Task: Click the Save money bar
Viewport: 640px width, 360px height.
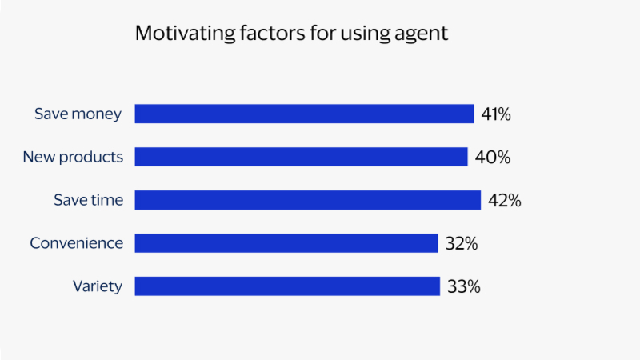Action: (304, 114)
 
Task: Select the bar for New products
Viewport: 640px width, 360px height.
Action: (301, 157)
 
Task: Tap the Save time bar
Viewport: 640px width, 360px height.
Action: (307, 200)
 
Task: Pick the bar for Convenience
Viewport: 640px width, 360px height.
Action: (286, 243)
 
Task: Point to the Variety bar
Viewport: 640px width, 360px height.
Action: (287, 286)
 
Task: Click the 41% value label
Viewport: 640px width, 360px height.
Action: (496, 114)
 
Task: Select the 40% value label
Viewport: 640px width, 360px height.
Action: (492, 158)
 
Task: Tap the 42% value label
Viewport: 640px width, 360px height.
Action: (504, 201)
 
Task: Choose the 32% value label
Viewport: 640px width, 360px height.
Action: (461, 244)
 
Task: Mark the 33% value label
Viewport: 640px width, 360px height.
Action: (463, 287)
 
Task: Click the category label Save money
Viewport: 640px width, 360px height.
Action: (78, 114)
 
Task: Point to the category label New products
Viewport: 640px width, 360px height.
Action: (73, 157)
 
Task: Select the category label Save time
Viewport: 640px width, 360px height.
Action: (88, 200)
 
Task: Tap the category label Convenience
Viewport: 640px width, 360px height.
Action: (77, 243)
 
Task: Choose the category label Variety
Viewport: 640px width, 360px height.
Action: (98, 286)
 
